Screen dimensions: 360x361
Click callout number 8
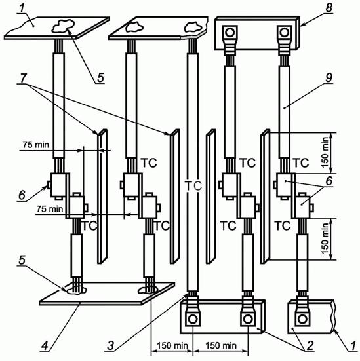coord(329,7)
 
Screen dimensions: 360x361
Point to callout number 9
coord(329,77)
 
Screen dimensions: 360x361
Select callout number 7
coord(23,78)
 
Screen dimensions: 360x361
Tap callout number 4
coord(45,345)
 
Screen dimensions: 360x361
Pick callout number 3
coord(111,345)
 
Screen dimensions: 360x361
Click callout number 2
coord(310,345)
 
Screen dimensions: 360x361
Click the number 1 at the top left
coord(22,8)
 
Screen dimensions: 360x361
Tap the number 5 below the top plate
coord(100,77)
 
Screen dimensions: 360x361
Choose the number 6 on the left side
coord(22,195)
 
